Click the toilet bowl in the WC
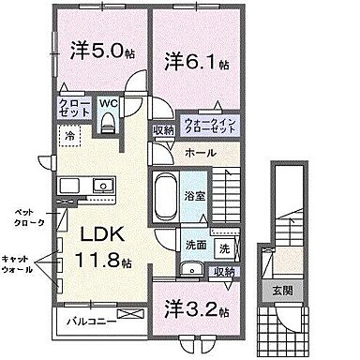coord(110,121)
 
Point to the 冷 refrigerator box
coord(70,137)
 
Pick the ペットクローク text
coord(22,217)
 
